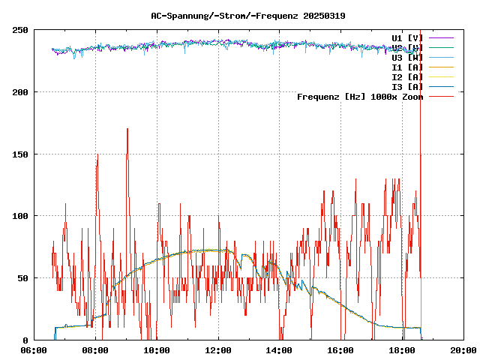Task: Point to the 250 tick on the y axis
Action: (x=20, y=30)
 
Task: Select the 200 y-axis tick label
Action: (x=20, y=92)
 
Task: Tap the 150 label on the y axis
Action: (x=20, y=154)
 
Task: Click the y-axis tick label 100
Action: (x=20, y=216)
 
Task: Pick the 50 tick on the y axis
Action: (x=22, y=278)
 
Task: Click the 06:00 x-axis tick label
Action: (x=34, y=350)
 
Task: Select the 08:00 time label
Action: (x=95, y=350)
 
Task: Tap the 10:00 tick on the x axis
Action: (x=157, y=350)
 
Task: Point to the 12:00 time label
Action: (x=218, y=350)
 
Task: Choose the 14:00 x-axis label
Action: (x=280, y=350)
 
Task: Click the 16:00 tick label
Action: (x=341, y=350)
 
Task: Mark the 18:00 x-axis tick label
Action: (x=403, y=350)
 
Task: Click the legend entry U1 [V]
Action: (x=407, y=37)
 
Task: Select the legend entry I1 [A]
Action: (x=407, y=67)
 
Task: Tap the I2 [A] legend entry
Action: (x=407, y=76)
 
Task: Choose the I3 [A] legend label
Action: (x=407, y=86)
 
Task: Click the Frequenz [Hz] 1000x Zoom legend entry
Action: (x=360, y=96)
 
